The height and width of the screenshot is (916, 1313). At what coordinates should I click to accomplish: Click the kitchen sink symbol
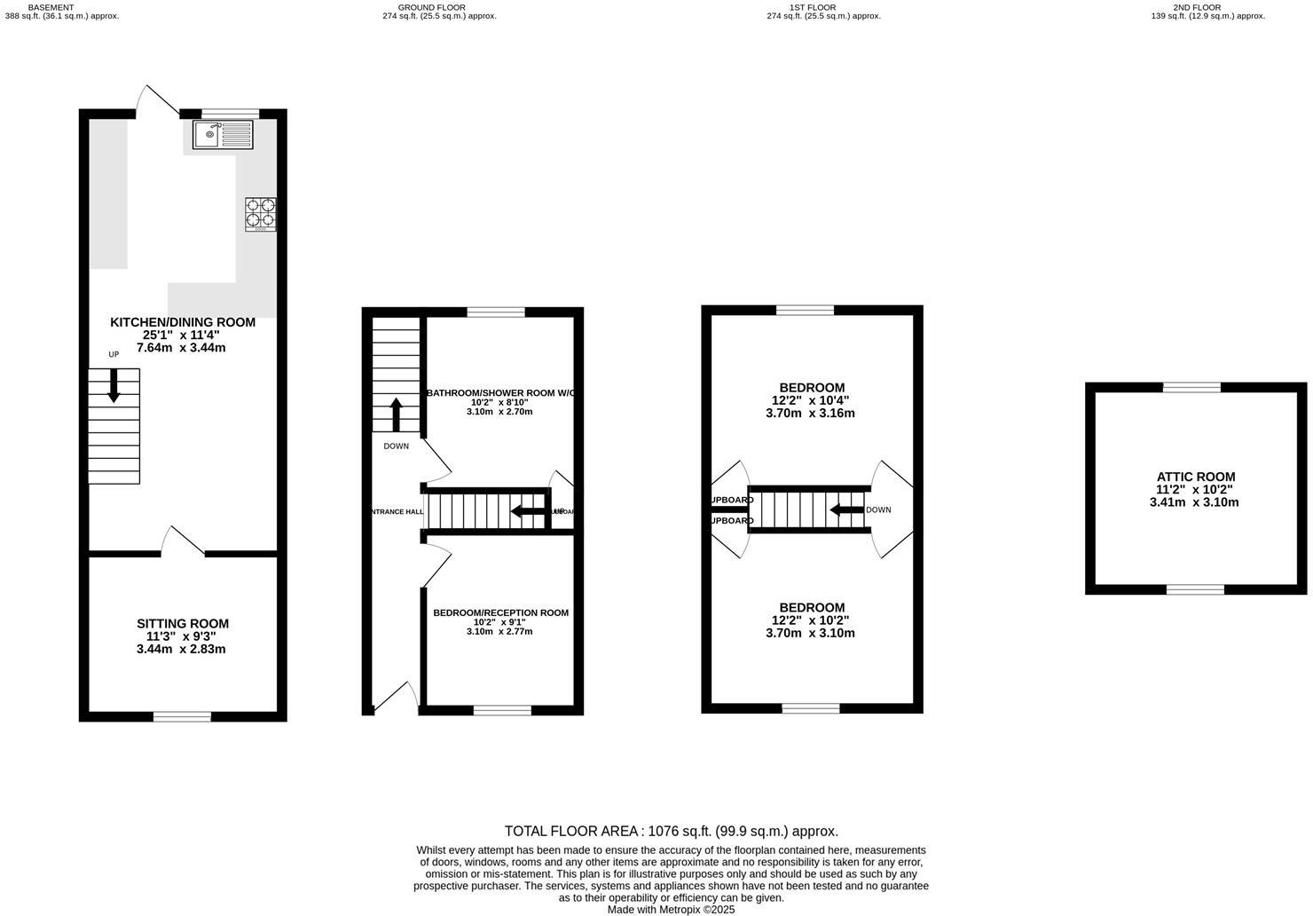223,135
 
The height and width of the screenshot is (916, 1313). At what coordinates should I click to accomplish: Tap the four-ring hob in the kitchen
261,214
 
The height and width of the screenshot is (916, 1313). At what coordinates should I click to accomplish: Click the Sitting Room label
183,623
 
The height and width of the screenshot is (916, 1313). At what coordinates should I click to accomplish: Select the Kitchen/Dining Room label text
183,322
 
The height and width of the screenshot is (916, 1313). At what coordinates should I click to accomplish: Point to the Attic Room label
1195,477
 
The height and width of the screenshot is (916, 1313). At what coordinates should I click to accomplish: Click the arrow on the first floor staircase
845,509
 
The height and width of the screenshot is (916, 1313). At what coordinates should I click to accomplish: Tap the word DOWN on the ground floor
396,446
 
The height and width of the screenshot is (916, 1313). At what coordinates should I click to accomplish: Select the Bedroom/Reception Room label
500,612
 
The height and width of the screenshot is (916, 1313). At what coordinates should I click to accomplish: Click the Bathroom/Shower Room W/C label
500,392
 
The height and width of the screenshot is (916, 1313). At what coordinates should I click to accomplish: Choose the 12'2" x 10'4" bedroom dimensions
811,400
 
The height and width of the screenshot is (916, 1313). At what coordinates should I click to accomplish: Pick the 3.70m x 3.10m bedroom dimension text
810,633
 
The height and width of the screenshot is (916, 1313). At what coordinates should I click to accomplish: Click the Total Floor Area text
671,831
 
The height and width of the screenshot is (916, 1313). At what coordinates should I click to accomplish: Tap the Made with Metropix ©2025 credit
671,909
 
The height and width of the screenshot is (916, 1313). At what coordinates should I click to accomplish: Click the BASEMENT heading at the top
51,6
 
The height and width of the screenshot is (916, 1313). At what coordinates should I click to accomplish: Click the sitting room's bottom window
182,716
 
